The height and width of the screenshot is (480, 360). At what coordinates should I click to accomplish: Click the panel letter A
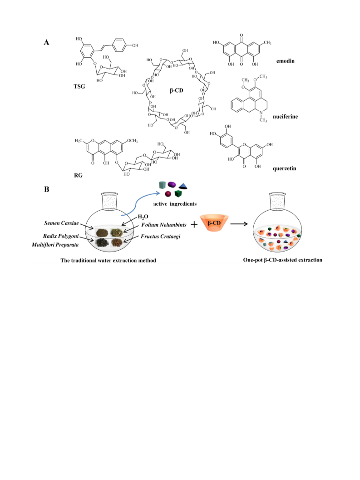click(x=46, y=42)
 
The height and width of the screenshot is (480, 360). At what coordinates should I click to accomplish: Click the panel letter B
click(x=46, y=189)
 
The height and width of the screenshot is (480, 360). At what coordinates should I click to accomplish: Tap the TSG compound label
click(x=79, y=86)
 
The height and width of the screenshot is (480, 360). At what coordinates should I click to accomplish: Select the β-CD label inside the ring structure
click(x=176, y=91)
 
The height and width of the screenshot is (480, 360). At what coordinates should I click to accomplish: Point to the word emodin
click(x=285, y=61)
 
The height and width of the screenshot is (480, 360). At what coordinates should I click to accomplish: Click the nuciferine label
click(x=285, y=116)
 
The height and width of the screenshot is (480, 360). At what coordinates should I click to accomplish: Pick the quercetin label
click(x=284, y=168)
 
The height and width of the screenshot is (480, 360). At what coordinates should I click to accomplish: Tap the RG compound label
click(x=78, y=175)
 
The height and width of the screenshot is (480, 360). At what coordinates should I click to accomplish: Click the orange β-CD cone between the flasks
click(x=214, y=223)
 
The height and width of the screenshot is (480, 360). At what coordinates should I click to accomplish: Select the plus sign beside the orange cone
click(x=194, y=225)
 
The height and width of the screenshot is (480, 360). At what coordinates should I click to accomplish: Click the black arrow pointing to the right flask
click(x=239, y=224)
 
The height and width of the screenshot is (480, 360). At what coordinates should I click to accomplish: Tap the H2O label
click(x=143, y=217)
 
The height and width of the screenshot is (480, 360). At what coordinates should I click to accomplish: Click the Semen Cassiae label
click(x=61, y=223)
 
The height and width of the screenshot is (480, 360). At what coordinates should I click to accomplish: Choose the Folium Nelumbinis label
click(x=164, y=225)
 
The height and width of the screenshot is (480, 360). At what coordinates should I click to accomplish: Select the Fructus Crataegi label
click(x=160, y=236)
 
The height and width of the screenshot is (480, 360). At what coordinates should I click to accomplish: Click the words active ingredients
click(x=175, y=204)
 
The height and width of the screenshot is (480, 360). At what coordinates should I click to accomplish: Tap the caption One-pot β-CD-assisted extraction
click(x=282, y=260)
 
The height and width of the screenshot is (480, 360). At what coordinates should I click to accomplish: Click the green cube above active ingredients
click(x=178, y=193)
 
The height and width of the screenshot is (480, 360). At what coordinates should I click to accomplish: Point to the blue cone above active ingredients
click(x=183, y=186)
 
